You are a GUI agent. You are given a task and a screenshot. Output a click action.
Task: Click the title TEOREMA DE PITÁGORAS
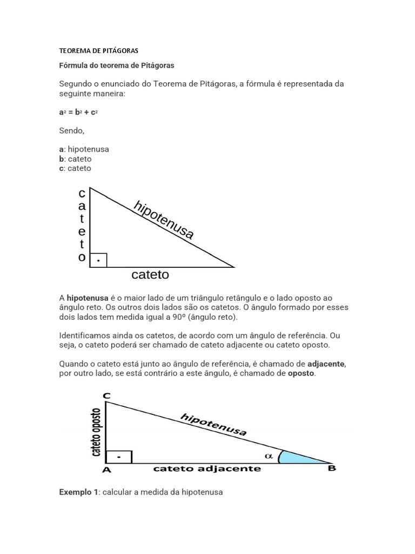pyautogui.click(x=98, y=51)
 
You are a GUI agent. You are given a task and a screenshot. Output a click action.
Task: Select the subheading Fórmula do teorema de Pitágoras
pyautogui.click(x=116, y=65)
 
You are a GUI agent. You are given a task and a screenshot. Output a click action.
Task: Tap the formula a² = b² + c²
pyautogui.click(x=78, y=113)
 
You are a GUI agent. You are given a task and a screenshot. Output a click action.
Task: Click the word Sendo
pyautogui.click(x=71, y=130)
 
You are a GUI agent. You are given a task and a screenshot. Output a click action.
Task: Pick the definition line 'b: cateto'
pyautogui.click(x=75, y=159)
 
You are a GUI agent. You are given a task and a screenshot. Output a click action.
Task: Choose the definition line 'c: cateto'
pyautogui.click(x=75, y=168)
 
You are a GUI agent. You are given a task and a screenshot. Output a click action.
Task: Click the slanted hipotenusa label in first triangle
pyautogui.click(x=163, y=220)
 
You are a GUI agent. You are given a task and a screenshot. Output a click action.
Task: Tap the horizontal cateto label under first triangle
pyautogui.click(x=150, y=275)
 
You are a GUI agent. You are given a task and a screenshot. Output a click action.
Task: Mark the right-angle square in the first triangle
pyautogui.click(x=98, y=260)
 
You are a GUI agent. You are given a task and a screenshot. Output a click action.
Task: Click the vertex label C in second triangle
pyautogui.click(x=106, y=396)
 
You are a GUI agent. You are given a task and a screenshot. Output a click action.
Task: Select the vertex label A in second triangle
pyautogui.click(x=106, y=470)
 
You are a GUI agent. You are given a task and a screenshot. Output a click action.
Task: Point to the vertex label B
pyautogui.click(x=332, y=468)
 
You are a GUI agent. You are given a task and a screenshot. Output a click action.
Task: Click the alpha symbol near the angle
pyautogui.click(x=269, y=456)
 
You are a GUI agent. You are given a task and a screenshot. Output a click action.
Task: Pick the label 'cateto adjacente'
pyautogui.click(x=207, y=469)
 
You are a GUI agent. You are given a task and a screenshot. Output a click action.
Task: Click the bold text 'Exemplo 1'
pyautogui.click(x=78, y=492)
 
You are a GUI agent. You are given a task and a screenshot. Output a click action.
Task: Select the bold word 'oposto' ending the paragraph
pyautogui.click(x=300, y=374)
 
